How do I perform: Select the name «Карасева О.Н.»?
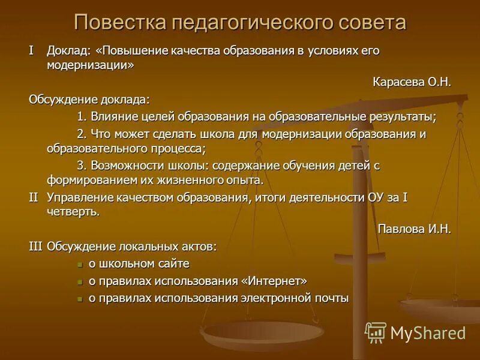(x=412, y=82)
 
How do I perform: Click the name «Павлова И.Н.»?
(x=414, y=229)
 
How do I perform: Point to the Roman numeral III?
(x=35, y=246)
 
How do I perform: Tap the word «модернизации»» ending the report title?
(x=90, y=66)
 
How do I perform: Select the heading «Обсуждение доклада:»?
(x=89, y=99)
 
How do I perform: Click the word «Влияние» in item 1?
(x=112, y=116)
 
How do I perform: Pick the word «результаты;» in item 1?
(x=398, y=116)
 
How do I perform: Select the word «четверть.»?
(x=73, y=212)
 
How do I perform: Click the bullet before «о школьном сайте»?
(x=80, y=264)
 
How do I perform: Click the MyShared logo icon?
(x=376, y=332)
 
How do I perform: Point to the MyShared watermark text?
(x=428, y=332)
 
